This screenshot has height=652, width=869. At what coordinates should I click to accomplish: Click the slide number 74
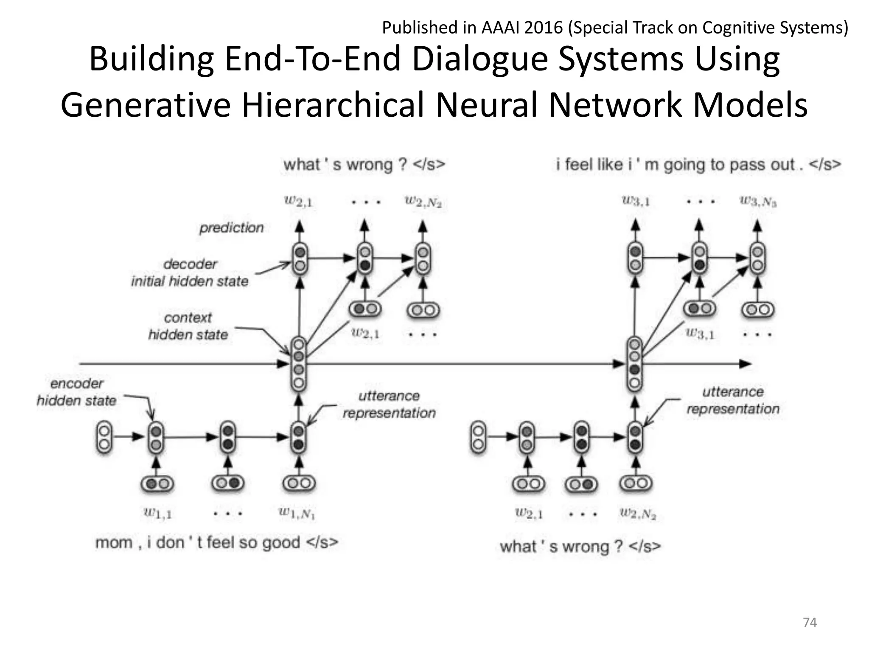810,622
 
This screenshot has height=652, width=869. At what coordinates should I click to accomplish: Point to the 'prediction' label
232,228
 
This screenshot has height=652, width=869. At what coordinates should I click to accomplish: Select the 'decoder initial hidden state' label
190,273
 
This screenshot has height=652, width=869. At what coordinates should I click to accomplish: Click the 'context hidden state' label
188,326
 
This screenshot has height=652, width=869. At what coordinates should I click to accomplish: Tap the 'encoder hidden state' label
77,392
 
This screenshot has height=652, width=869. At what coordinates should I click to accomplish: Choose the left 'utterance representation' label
389,405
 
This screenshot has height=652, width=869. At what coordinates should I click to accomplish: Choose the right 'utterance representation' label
733,400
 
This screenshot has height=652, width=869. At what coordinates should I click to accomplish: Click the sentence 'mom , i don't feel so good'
216,542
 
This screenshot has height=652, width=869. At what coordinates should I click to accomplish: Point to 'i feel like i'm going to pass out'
698,164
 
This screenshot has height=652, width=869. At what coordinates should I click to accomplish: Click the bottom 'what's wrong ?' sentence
580,546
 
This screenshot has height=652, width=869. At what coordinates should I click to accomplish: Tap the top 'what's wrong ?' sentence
364,164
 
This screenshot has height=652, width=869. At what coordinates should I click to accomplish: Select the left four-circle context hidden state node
299,364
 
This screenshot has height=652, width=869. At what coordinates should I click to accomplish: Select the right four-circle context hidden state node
635,364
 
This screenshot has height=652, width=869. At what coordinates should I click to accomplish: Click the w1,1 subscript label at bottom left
157,514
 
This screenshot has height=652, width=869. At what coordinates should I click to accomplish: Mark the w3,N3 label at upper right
758,201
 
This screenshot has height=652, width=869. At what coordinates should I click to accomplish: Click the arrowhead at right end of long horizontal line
745,364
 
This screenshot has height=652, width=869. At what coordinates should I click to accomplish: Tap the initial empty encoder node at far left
104,438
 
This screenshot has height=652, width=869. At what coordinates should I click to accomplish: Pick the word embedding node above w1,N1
299,483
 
